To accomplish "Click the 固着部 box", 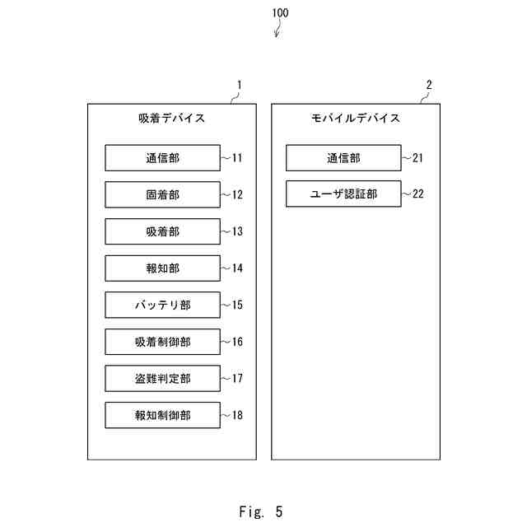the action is pos(163,194).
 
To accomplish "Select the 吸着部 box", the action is pos(163,231).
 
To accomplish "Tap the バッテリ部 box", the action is pos(163,305).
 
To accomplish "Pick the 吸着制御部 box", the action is pos(163,342).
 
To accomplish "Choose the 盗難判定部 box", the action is pos(163,379).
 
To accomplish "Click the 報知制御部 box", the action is pos(163,415).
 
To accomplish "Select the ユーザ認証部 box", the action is pos(343,194).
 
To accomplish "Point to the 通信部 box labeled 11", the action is pos(163,158).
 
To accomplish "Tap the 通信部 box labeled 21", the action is pos(343,158).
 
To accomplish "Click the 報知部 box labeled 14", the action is pos(163,268).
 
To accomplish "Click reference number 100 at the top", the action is pos(280,13).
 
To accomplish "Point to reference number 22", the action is pos(418,194).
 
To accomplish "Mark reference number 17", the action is pos(237,379).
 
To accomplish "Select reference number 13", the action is pos(237,231).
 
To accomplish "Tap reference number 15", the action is pos(237,305).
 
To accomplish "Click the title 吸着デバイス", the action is pos(172,119).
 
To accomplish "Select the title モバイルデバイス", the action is pos(356,119).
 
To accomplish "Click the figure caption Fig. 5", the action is pos(261,512).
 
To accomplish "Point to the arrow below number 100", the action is pos(277,28).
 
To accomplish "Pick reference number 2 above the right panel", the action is pos(429,85).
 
